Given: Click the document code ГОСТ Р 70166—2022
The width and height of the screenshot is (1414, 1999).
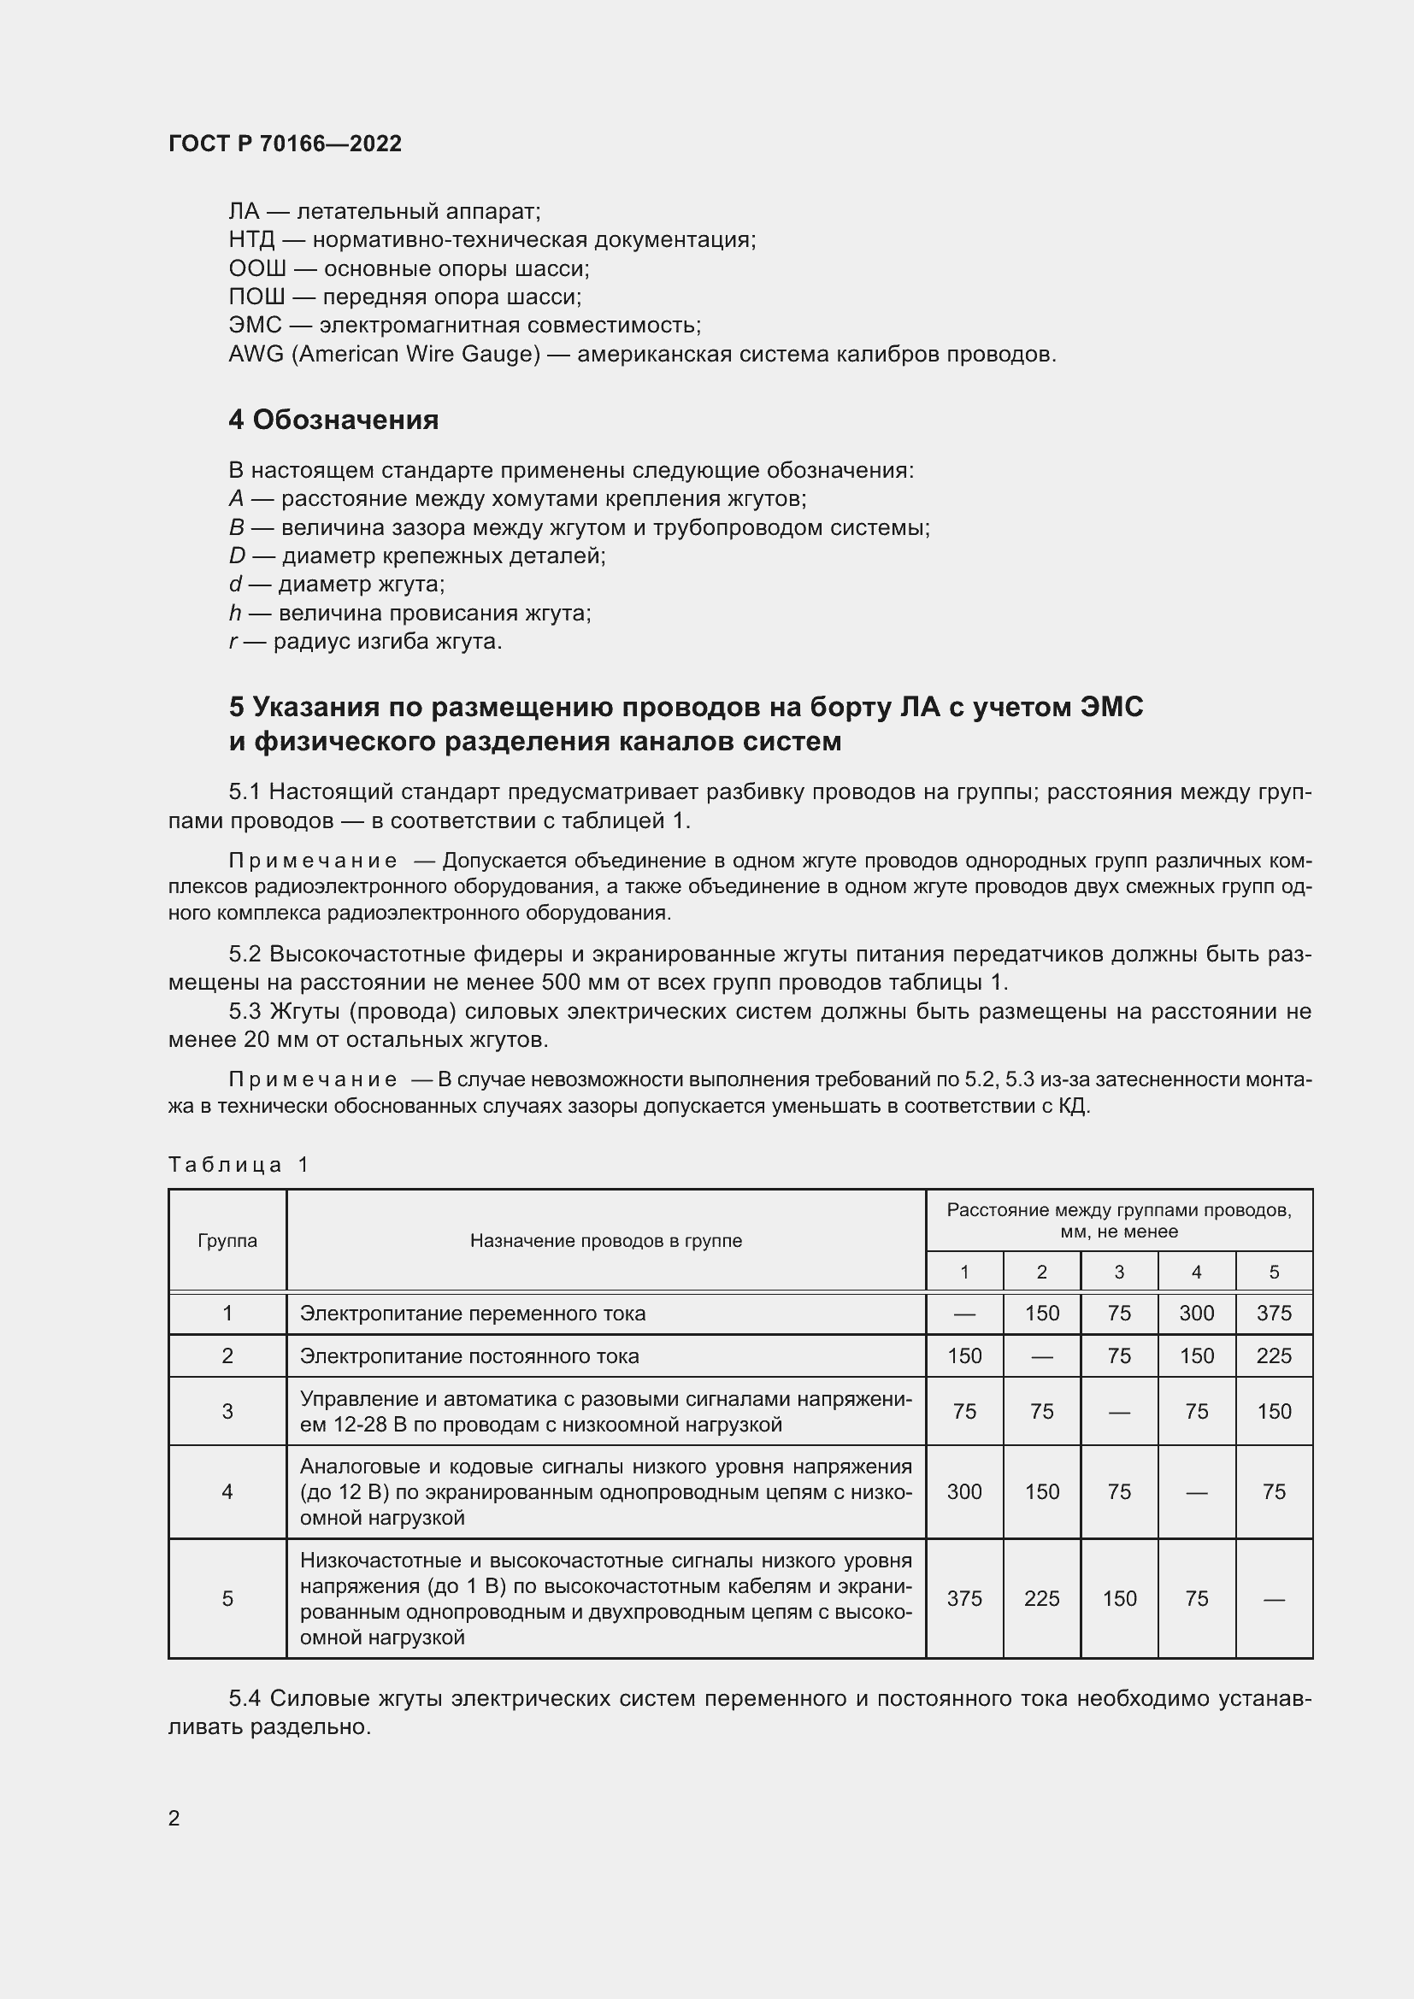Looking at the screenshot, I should click(x=285, y=144).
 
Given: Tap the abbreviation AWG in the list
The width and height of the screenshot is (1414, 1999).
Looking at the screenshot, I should click(x=255, y=355).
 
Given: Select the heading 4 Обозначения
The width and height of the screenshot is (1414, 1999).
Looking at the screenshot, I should click(x=333, y=420).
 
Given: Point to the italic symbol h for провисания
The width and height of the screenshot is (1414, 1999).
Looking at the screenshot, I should click(x=234, y=613).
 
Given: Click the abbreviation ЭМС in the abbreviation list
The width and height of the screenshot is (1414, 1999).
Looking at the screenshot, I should click(x=255, y=326).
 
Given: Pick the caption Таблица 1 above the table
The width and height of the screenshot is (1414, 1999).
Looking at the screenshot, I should click(x=239, y=1165).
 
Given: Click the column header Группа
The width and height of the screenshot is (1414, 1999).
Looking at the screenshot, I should click(x=227, y=1241).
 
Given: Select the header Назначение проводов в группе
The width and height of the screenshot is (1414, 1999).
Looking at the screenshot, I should click(x=605, y=1241).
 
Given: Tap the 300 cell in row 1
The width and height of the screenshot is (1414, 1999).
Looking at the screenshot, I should click(x=1196, y=1314).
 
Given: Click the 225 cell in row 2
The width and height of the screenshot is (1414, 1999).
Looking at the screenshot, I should click(x=1274, y=1356).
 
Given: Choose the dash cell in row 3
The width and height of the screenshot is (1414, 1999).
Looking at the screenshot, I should click(x=1119, y=1412).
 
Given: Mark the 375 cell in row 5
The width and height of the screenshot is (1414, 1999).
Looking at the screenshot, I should click(x=963, y=1598).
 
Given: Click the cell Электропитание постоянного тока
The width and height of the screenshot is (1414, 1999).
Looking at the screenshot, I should click(x=469, y=1356).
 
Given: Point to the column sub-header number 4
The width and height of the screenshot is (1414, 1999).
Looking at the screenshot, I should click(x=1196, y=1273).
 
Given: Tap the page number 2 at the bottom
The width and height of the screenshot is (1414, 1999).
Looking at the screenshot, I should click(x=174, y=1818).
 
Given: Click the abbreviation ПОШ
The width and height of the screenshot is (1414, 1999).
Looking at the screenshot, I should click(x=256, y=297).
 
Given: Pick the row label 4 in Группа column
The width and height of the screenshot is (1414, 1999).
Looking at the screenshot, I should click(x=227, y=1492).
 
